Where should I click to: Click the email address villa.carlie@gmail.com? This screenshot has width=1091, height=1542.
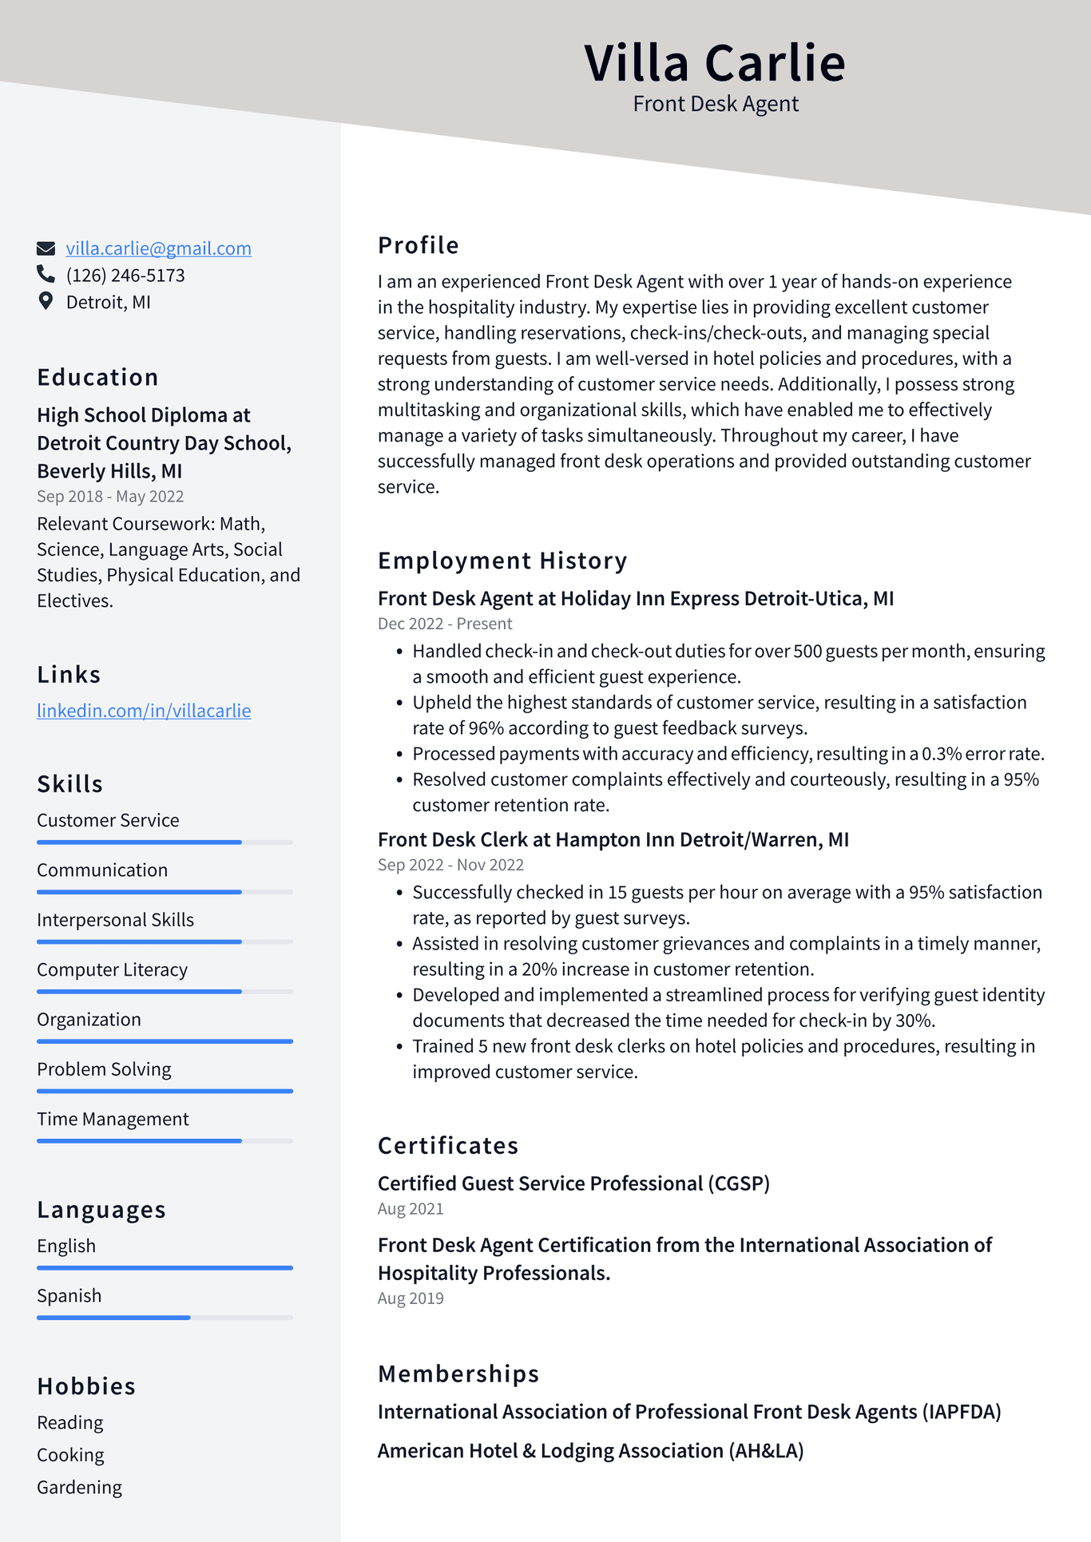[x=158, y=248]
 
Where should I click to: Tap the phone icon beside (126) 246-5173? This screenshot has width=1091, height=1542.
[x=46, y=275]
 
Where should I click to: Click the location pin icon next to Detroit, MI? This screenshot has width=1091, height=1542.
[x=46, y=301]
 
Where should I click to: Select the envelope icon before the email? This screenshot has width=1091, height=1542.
[x=46, y=248]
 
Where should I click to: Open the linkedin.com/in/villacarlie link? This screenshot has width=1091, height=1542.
[x=144, y=711]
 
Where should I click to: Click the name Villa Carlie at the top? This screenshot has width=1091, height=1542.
[x=715, y=63]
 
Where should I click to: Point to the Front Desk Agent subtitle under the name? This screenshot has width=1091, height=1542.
[x=716, y=104]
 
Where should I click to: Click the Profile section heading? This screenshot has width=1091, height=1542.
[x=418, y=245]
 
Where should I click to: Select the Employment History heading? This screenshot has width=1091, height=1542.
[x=502, y=561]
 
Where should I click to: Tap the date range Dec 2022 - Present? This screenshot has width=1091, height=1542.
[x=445, y=624]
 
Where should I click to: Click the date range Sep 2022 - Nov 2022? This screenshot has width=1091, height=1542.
[x=450, y=865]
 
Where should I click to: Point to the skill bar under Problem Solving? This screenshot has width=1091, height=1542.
[x=165, y=1091]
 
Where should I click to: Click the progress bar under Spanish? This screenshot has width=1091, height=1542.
[x=165, y=1317]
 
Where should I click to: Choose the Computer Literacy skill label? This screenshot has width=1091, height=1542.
[x=112, y=969]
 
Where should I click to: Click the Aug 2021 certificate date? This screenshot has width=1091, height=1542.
[x=411, y=1209]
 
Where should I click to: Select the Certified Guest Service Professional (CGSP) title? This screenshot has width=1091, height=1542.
[x=573, y=1183]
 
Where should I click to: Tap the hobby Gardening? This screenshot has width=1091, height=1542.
[x=79, y=1487]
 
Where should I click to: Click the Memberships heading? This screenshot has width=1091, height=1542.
[x=458, y=1374]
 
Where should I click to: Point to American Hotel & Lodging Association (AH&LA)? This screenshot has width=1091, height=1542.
[x=590, y=1451]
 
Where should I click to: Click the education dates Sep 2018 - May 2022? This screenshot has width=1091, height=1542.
[x=110, y=497]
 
